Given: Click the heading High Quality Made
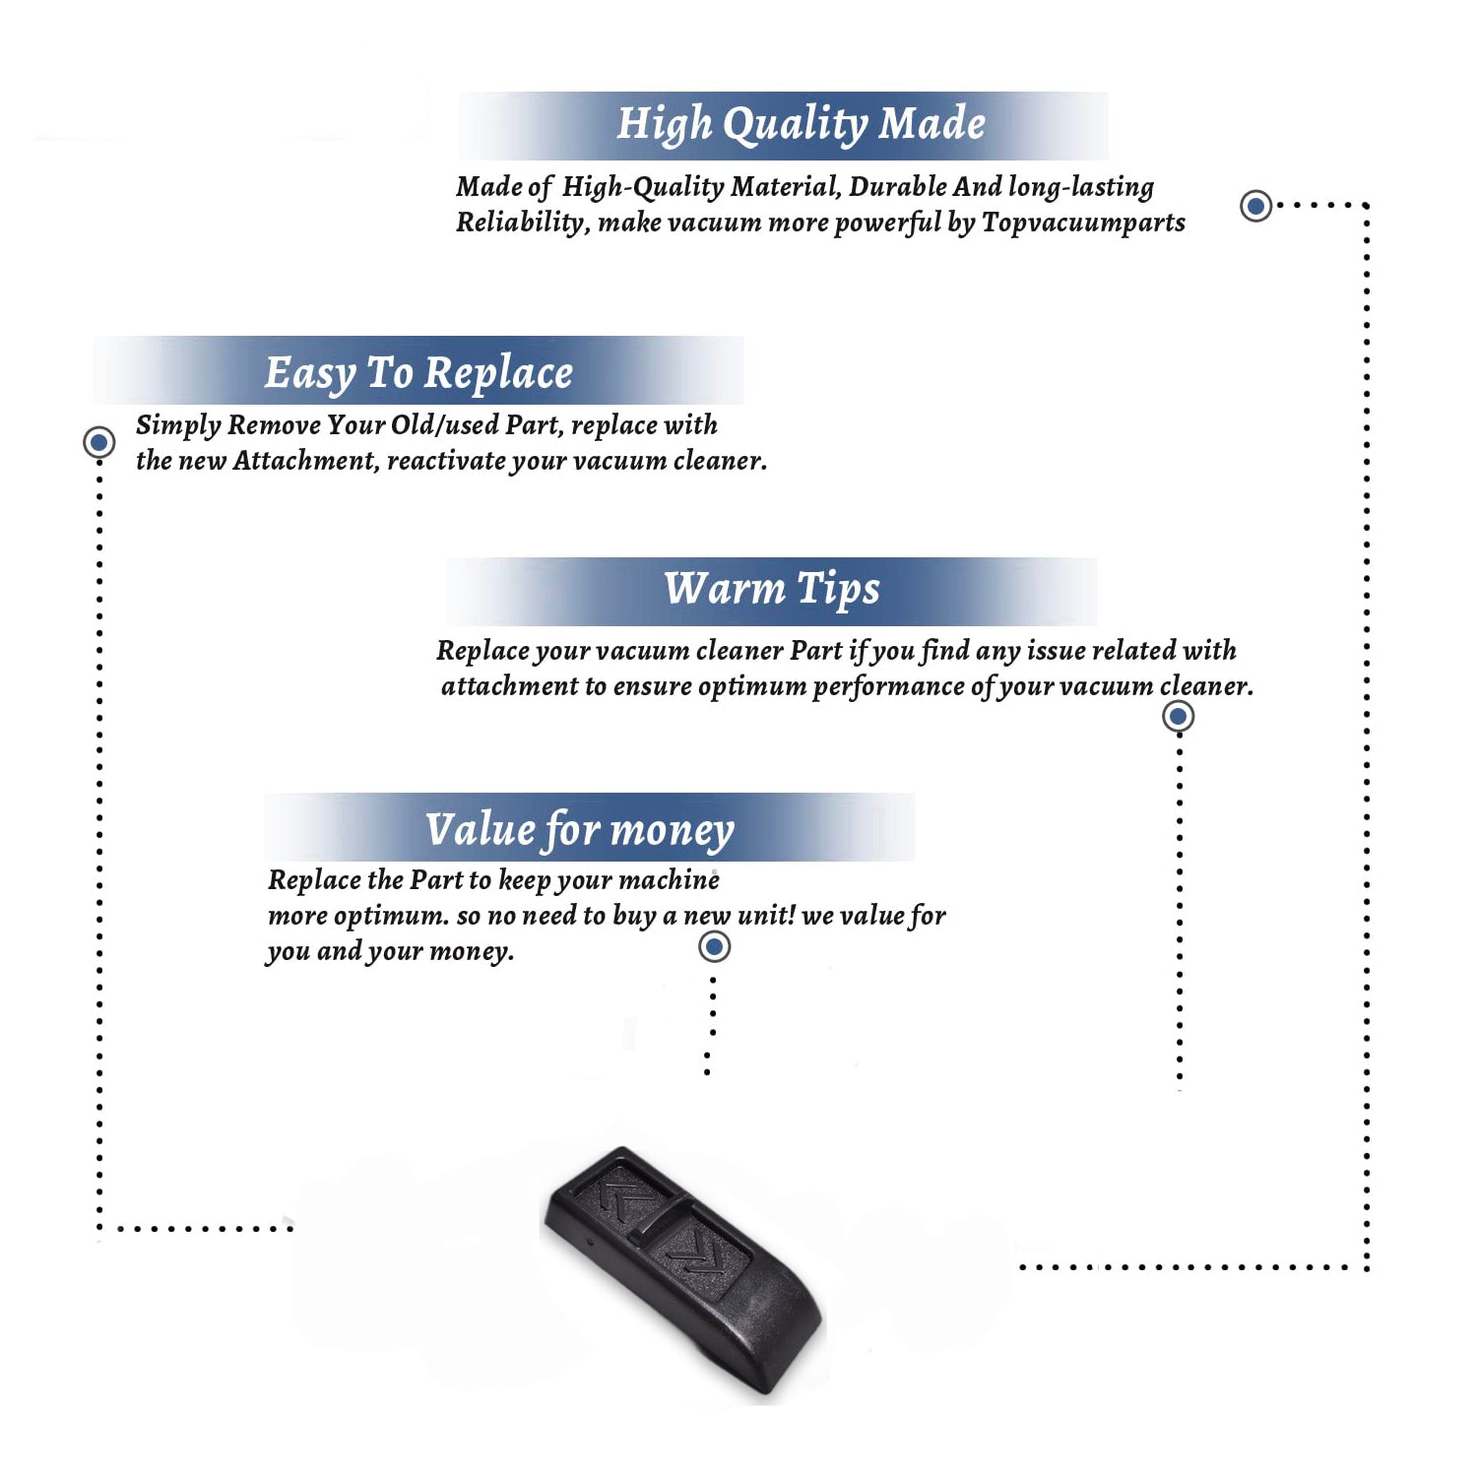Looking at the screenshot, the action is [801, 125].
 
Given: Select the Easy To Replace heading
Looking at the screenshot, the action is [418, 373].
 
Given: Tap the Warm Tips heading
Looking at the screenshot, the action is [772, 589].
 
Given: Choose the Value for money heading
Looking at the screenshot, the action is [580, 830].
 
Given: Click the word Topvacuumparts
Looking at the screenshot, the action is [1083, 223].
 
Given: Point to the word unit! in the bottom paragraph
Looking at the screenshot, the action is [766, 915].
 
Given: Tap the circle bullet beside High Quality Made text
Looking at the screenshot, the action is [1255, 206].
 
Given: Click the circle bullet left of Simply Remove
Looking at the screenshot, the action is [98, 442].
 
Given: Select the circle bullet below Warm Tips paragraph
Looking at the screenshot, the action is [1179, 716].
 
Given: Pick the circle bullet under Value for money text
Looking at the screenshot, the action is [714, 947].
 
